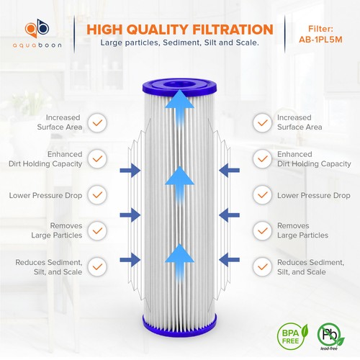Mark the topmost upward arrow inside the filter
pyautogui.click(x=179, y=110)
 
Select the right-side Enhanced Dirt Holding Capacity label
pyautogui.click(x=304, y=159)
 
